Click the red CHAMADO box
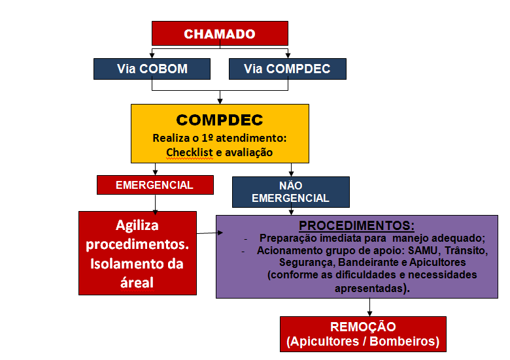220,33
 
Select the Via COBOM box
152,69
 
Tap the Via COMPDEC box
288,69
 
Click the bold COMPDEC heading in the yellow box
220,120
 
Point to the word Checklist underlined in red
190,152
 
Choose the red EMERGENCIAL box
155,185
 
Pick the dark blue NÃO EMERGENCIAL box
291,192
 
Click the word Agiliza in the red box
137,225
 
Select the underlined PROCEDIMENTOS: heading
357,225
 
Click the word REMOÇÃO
363,327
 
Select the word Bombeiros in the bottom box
404,341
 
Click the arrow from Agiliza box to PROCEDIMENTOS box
210,233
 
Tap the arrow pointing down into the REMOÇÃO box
369,307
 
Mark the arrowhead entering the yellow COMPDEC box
220,101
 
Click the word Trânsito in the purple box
466,250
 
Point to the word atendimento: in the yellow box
251,138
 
